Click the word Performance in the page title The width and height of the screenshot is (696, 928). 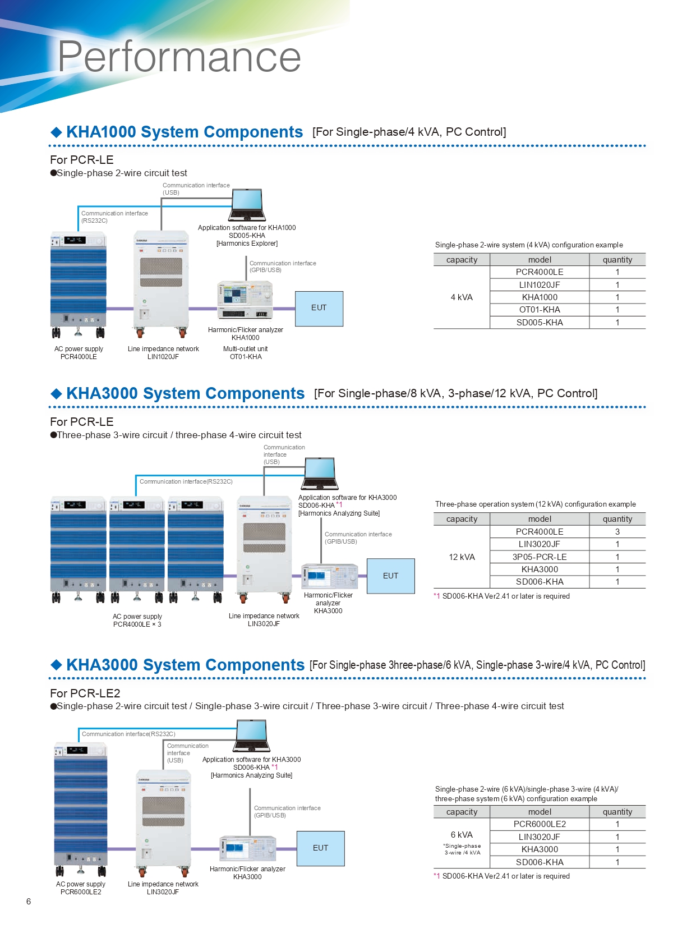tap(179, 57)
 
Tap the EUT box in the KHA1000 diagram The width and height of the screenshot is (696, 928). tap(319, 308)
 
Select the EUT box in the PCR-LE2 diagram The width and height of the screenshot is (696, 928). tap(320, 848)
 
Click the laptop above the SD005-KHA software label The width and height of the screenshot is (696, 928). tap(247, 205)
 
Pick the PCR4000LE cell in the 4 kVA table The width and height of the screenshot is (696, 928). tap(540, 272)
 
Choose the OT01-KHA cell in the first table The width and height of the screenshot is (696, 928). tap(540, 310)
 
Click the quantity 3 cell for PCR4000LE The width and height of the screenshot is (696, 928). tap(617, 531)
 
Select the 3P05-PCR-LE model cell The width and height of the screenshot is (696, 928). tap(540, 557)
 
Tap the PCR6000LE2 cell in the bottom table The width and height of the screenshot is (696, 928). tap(540, 824)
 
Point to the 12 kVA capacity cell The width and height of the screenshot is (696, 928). tap(462, 557)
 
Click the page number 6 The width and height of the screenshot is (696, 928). tap(29, 901)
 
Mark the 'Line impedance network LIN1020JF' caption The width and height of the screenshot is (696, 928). tap(163, 352)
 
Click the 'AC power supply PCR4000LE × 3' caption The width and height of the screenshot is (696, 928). tap(137, 620)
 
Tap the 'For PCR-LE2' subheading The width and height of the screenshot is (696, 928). tap(85, 693)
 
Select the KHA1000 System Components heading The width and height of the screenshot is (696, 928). tap(185, 132)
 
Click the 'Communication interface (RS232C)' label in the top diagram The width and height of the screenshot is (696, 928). tap(114, 217)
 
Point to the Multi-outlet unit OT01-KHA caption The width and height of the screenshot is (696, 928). tap(246, 352)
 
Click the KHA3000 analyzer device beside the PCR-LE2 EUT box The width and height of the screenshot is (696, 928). tap(248, 848)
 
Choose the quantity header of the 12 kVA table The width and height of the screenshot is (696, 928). tap(617, 519)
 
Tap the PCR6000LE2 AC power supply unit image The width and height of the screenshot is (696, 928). tap(81, 808)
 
